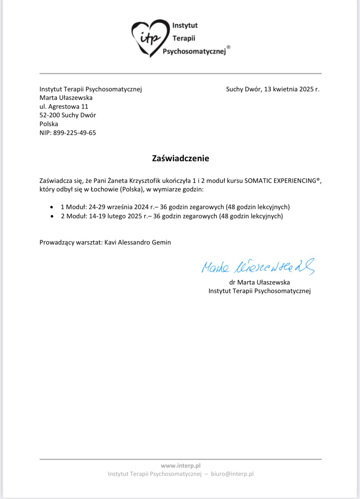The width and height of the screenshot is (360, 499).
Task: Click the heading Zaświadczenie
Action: (x=180, y=158)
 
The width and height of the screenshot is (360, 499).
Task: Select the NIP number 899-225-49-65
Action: (x=75, y=133)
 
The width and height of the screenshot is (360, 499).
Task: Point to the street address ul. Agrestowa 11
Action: (x=64, y=107)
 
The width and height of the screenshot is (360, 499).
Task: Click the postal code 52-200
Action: (x=49, y=115)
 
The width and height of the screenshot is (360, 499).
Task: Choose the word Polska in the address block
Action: (x=49, y=124)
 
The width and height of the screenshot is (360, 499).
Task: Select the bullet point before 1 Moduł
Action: (x=52, y=207)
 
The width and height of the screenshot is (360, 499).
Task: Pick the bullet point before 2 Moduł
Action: (x=52, y=216)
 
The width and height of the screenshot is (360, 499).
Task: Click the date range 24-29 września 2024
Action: (x=119, y=207)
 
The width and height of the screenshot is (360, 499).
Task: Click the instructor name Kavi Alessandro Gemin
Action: (x=137, y=242)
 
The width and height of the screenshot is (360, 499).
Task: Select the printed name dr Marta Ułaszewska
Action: (x=259, y=282)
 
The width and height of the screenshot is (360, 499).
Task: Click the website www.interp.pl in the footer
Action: (x=180, y=466)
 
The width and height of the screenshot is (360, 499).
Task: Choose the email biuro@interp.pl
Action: (x=232, y=474)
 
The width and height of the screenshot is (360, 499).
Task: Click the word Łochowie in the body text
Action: (x=104, y=189)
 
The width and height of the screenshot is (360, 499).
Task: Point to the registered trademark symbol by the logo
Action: (x=229, y=47)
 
